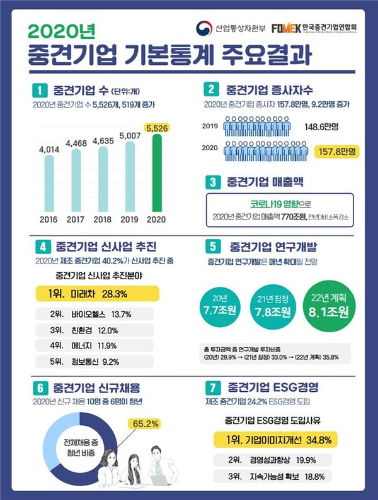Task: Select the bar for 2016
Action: [49, 182]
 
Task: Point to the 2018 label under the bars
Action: [103, 219]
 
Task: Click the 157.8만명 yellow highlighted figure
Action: [337, 152]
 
